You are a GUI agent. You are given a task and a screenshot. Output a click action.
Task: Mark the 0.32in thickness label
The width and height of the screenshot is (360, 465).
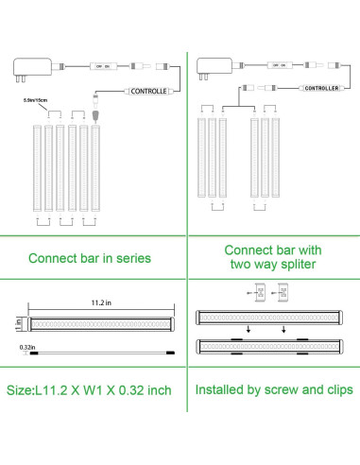[29, 346]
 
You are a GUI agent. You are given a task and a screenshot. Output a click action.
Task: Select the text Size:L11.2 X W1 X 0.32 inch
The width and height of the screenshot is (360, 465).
[90, 389]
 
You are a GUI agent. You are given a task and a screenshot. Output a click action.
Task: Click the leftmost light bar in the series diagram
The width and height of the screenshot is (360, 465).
[38, 165]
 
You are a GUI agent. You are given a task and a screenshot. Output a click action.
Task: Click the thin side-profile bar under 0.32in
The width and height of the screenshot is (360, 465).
[99, 350]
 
